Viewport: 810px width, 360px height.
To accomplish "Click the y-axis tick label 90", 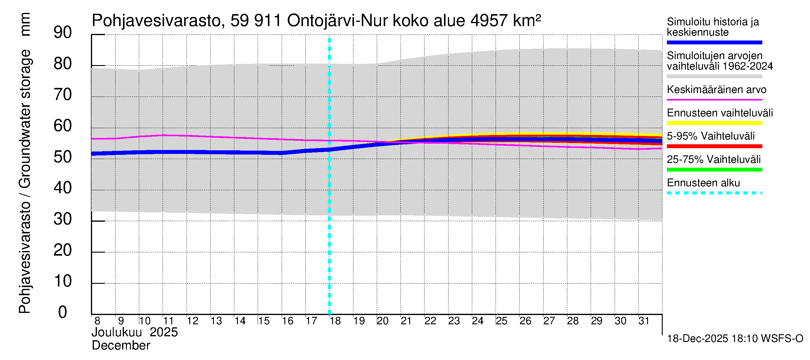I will [x=63, y=33].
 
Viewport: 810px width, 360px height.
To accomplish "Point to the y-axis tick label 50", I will [x=63, y=157].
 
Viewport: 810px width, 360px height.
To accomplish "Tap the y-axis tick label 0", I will [x=63, y=312].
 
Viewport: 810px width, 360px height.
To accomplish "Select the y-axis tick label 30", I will [x=63, y=219].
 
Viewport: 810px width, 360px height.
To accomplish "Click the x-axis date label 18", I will [x=335, y=321].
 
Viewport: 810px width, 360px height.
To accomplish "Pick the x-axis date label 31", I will [x=644, y=321].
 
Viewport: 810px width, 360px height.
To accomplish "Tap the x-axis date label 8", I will [x=97, y=321].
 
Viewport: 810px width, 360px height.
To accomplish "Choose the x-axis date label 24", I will [x=477, y=321].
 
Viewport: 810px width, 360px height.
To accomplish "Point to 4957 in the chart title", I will [x=489, y=21].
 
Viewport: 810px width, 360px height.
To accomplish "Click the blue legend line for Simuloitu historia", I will [x=714, y=42].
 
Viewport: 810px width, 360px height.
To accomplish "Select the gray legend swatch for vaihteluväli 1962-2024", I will [x=714, y=76].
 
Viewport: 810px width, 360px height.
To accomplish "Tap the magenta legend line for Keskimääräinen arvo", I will [x=714, y=100].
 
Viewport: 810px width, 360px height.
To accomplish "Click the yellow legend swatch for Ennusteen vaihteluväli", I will [x=714, y=123].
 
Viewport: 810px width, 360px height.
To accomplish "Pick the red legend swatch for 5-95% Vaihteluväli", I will [x=714, y=146].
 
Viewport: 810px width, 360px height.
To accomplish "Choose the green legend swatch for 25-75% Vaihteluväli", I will [x=714, y=170].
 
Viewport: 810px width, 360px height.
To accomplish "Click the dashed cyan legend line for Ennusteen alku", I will [x=714, y=193].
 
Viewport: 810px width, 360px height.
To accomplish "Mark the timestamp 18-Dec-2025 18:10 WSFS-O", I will [x=735, y=339].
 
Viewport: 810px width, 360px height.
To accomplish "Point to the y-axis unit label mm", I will [x=25, y=24].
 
